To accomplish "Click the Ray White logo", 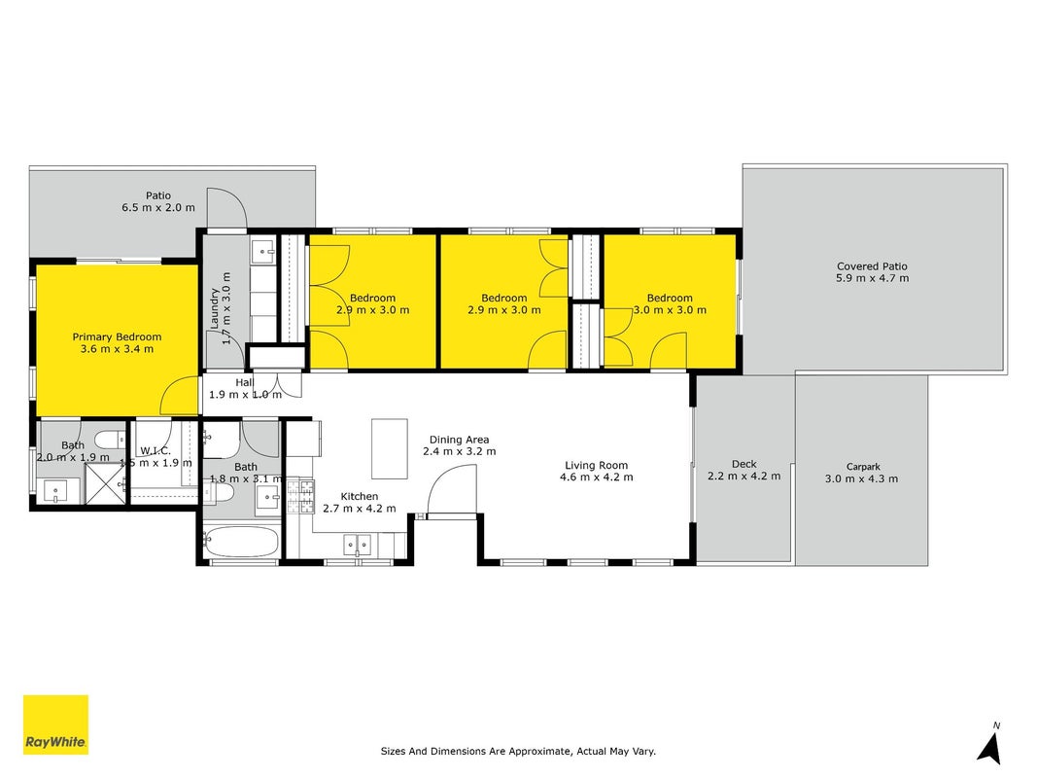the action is pos(55,725).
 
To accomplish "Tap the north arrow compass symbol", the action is pos(990,744).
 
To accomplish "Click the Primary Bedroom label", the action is pos(117,336).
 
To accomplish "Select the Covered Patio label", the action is pos(872,265).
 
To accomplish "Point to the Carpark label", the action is pos(863,467).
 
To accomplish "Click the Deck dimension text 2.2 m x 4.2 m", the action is pos(744,476).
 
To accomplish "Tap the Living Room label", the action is pos(596,465).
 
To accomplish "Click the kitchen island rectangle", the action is pos(389,448).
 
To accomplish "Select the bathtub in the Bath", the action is pos(240,542).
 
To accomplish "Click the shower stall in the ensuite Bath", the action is pos(105,484).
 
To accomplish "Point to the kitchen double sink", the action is pos(357,546).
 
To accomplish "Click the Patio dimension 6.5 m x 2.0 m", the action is pos(158,207).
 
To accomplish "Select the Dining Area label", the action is pos(459,440).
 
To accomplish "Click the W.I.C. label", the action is pos(156,450).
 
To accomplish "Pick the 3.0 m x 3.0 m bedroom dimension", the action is pos(670,309).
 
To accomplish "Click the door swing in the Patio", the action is pos(226,207).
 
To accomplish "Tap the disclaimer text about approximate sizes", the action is pos(518,751).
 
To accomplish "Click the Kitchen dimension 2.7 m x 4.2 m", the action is pos(360,508).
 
